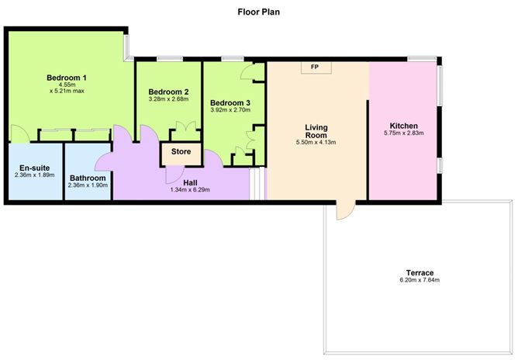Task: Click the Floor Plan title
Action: coord(259,12)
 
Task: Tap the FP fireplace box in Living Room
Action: coord(314,67)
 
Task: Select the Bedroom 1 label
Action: coord(66,78)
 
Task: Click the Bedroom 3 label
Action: coord(230,102)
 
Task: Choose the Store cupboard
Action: coord(181,152)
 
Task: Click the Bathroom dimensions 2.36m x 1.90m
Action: coord(88,185)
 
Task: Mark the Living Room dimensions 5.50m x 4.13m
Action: coord(317,144)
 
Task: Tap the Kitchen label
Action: coord(403,126)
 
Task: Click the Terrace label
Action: coord(420,272)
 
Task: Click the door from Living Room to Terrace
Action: coord(344,210)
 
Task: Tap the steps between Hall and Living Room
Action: coord(254,185)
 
